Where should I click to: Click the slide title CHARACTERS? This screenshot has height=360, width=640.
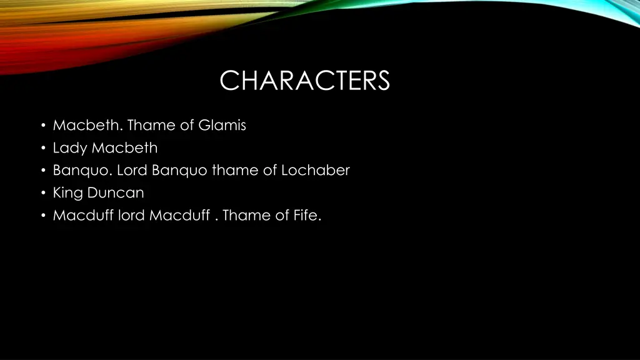point(304,81)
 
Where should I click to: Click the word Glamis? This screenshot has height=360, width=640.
point(222,126)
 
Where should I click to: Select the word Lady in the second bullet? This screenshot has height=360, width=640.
point(71,148)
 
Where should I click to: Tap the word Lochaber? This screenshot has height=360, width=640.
point(315,170)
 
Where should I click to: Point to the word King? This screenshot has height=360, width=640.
point(67,193)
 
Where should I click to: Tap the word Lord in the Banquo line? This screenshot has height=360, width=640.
point(132,170)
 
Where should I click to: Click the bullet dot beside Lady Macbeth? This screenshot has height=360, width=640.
point(42,149)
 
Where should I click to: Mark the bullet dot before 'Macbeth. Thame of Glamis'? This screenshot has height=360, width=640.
point(42,126)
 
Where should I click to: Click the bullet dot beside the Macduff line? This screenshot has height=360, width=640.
point(42,216)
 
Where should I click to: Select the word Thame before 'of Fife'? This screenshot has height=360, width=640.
point(246,216)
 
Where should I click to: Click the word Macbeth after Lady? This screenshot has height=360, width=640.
point(124,148)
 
